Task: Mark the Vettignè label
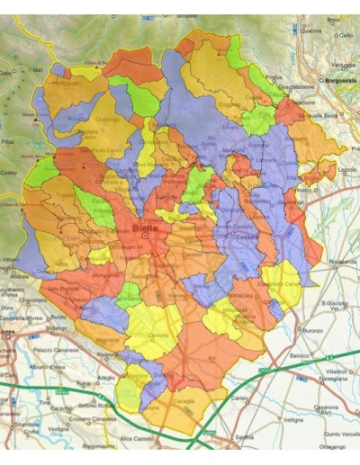293,419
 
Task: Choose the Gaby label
6,72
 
